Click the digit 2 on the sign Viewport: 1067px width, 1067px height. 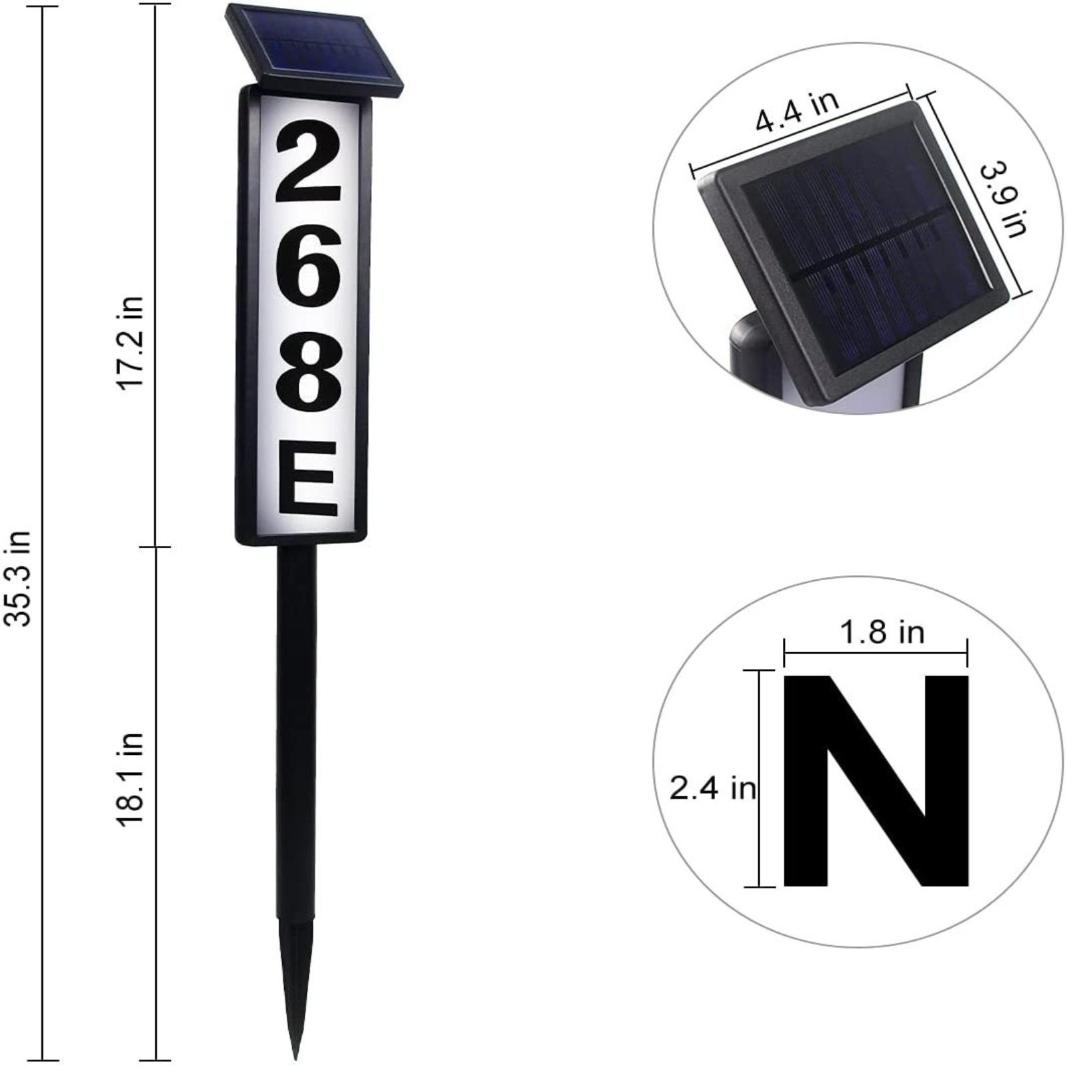click(x=308, y=165)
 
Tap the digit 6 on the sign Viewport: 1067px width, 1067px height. click(x=308, y=265)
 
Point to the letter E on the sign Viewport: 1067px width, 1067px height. click(x=307, y=479)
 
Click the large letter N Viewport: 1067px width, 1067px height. click(x=876, y=780)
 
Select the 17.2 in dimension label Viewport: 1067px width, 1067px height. click(x=131, y=342)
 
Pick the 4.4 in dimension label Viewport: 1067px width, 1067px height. click(x=797, y=110)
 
